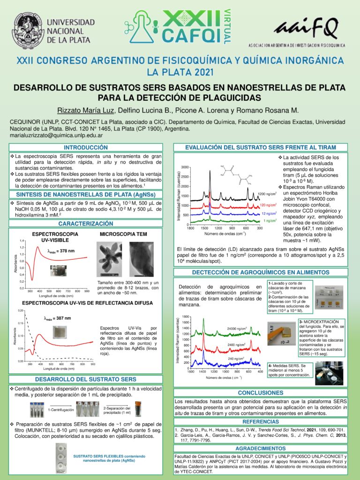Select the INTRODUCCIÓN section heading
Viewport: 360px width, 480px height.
coord(86,148)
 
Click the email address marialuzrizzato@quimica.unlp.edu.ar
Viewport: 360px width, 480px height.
coord(56,135)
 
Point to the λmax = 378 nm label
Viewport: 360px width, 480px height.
coord(61,251)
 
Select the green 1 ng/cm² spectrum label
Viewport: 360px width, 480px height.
coord(270,220)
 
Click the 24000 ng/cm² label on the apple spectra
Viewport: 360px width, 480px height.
coord(237,329)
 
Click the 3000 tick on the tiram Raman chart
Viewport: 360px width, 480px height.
coord(185,167)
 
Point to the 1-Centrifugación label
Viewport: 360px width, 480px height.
coord(61,410)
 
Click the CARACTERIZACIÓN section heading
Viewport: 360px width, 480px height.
coord(86,224)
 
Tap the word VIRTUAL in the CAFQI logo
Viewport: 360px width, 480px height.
coord(227,27)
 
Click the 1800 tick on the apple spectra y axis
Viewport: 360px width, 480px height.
coord(185,317)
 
